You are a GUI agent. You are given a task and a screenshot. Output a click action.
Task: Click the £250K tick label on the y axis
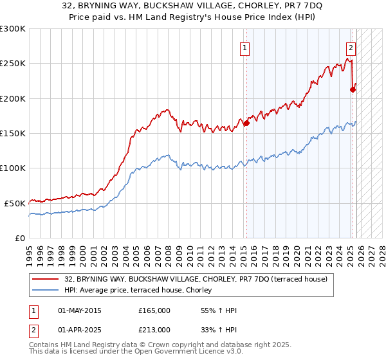13,64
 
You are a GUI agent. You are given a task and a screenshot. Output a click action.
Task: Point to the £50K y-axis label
15,203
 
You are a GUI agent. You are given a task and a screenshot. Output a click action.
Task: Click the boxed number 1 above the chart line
245,47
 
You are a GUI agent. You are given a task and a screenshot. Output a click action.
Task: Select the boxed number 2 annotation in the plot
351,47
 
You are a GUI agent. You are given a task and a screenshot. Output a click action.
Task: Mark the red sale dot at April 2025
353,89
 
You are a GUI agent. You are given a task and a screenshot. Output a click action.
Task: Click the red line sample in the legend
46,279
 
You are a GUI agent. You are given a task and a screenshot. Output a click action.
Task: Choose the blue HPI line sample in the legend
46,289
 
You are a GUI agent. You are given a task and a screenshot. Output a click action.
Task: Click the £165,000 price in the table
154,310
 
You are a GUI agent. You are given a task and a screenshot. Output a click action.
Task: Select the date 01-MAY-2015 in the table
80,310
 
